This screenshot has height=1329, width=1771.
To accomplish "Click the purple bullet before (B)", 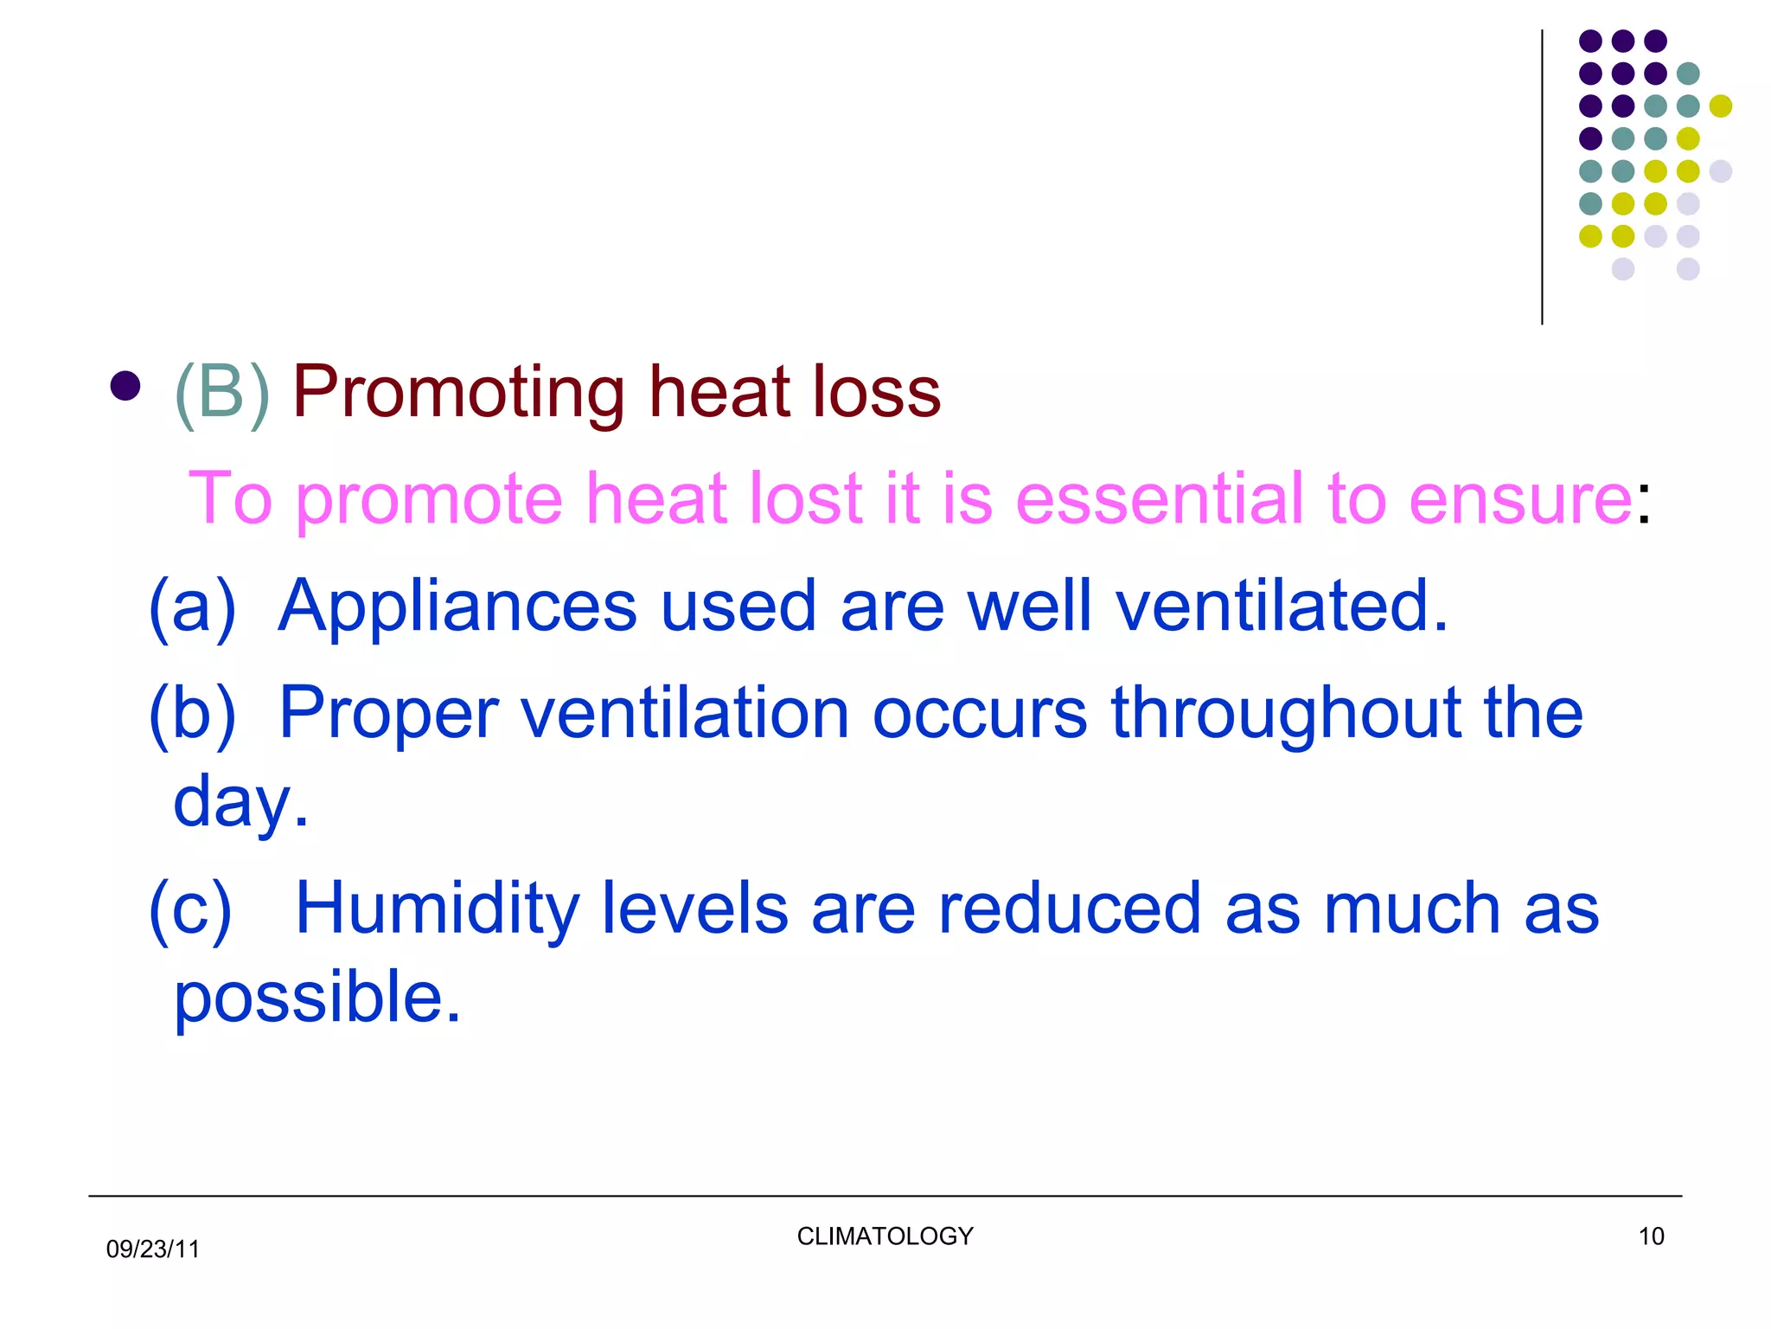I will click(x=125, y=386).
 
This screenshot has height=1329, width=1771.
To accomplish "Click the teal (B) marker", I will click(x=222, y=394).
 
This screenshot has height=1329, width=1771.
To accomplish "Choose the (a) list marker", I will click(x=192, y=607).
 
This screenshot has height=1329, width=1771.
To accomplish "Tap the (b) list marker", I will click(x=192, y=715).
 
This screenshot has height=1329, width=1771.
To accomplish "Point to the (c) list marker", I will click(x=190, y=910).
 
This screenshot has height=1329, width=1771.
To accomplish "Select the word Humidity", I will click(x=437, y=909).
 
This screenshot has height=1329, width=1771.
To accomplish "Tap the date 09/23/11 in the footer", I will click(x=153, y=1249).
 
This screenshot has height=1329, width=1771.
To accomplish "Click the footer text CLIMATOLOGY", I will click(x=885, y=1236).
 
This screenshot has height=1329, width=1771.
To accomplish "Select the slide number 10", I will click(x=1651, y=1236).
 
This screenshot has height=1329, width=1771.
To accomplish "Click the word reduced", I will click(x=1070, y=909).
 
